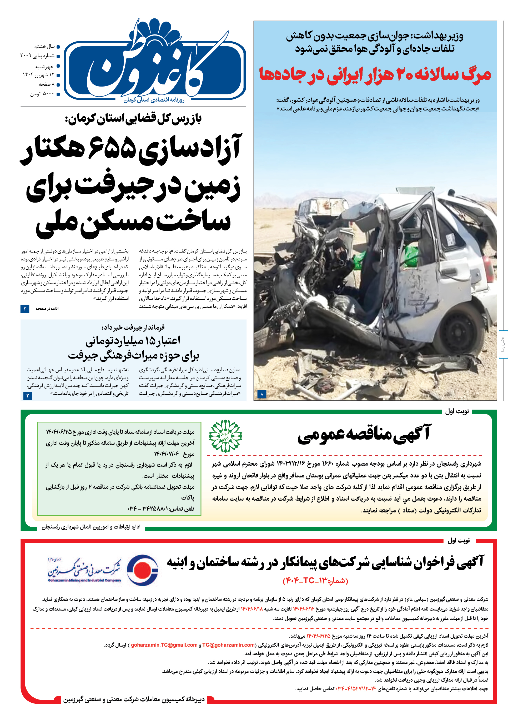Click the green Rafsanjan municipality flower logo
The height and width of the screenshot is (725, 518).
click(225, 436)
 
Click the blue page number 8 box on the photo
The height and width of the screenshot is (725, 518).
click(262, 394)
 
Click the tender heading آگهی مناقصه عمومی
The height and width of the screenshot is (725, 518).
click(364, 434)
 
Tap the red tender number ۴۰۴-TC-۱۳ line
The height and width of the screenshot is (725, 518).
click(315, 581)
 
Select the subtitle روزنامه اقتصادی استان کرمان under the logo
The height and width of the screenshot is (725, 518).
click(154, 100)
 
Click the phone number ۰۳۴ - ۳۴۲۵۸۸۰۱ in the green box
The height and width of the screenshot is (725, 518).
click(161, 508)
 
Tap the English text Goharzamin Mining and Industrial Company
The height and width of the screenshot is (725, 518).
click(84, 580)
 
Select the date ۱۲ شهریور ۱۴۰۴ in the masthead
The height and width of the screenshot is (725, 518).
click(38, 75)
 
